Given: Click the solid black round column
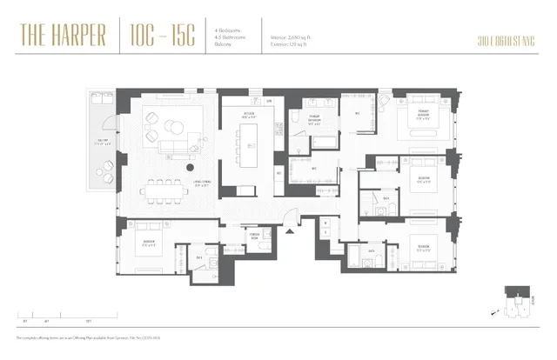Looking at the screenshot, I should [x=190, y=167].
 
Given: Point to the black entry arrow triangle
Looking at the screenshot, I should [x=291, y=233].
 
